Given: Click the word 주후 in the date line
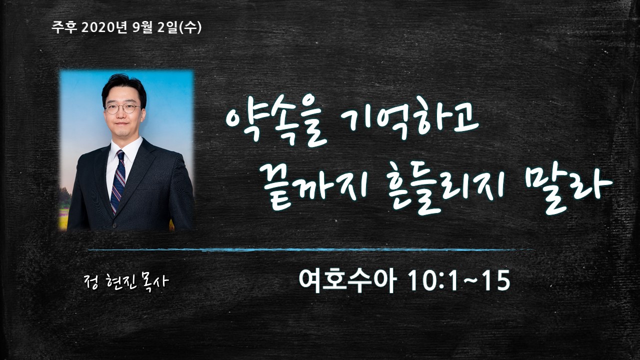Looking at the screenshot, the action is tap(64, 28).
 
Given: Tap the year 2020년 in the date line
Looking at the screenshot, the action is tap(104, 28).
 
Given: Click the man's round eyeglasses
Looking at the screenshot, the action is tap(123, 108).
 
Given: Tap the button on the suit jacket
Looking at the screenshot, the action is tap(114, 225).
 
